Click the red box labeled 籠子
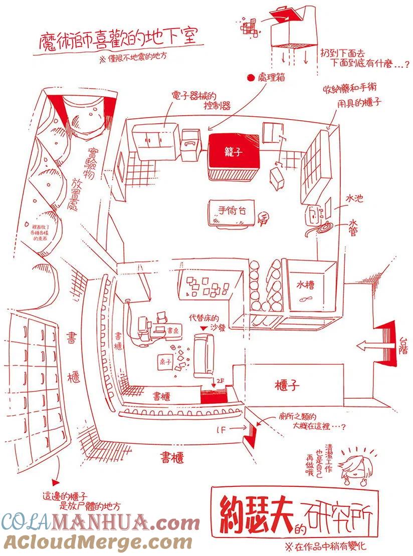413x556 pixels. pos(234,152)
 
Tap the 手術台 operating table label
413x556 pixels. pos(229,211)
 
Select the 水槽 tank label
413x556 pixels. pos(305,286)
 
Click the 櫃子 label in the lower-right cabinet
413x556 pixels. pos(287,385)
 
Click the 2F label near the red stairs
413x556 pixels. pos(221,381)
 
